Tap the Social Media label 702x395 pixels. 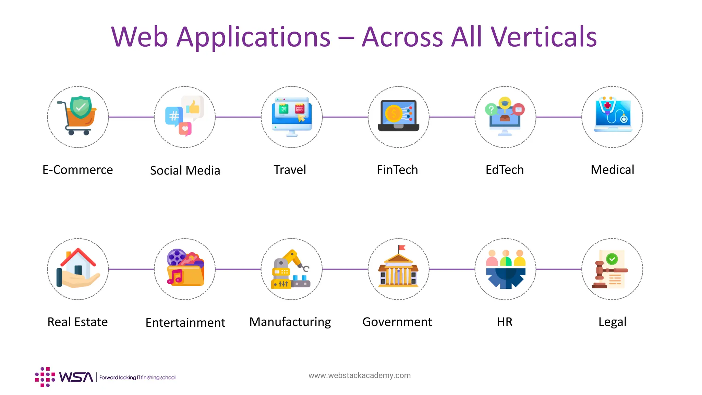pyautogui.click(x=185, y=170)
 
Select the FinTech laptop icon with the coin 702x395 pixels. pyautogui.click(x=398, y=116)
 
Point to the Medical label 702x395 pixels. pyautogui.click(x=612, y=170)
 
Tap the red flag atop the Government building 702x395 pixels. pyautogui.click(x=401, y=248)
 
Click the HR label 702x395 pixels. pyautogui.click(x=505, y=322)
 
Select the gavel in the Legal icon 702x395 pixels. pyautogui.click(x=601, y=274)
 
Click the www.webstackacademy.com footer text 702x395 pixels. pyautogui.click(x=359, y=375)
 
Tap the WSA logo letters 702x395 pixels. pyautogui.click(x=76, y=377)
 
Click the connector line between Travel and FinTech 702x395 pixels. pyautogui.click(x=345, y=117)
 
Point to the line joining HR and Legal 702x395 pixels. pyautogui.click(x=559, y=269)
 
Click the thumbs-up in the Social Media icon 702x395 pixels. pyautogui.click(x=193, y=107)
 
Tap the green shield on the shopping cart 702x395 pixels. pyautogui.click(x=81, y=107)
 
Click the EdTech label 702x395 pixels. pyautogui.click(x=505, y=170)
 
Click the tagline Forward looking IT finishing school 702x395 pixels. pyautogui.click(x=137, y=378)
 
